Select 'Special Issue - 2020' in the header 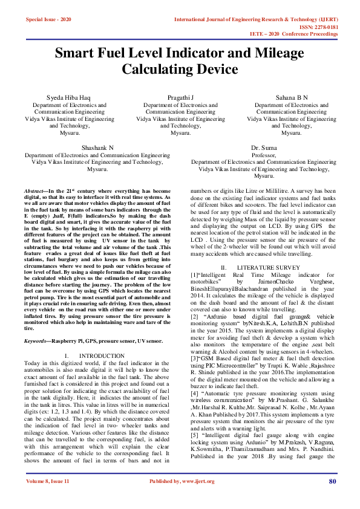pos(48,20)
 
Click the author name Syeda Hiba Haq pos(68,97)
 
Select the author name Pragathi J pos(180,97)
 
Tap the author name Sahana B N pos(292,97)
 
